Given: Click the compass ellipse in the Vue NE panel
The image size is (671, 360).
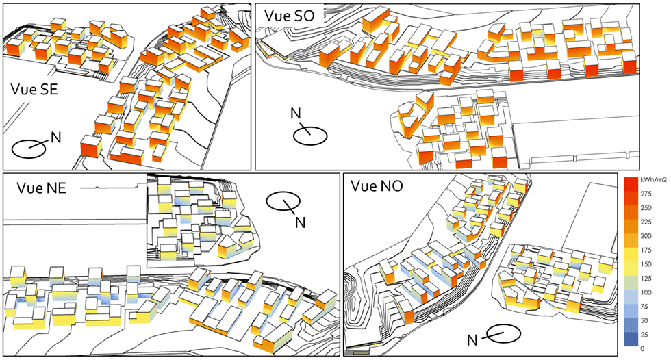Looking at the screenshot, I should click(282, 201).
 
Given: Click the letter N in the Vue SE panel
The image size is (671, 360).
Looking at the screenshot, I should click(55, 138).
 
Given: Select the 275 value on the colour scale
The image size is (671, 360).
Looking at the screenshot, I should click(647, 195).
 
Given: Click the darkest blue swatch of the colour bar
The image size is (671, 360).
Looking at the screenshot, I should click(630, 342).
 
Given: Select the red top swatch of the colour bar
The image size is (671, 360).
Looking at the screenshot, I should click(630, 181).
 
